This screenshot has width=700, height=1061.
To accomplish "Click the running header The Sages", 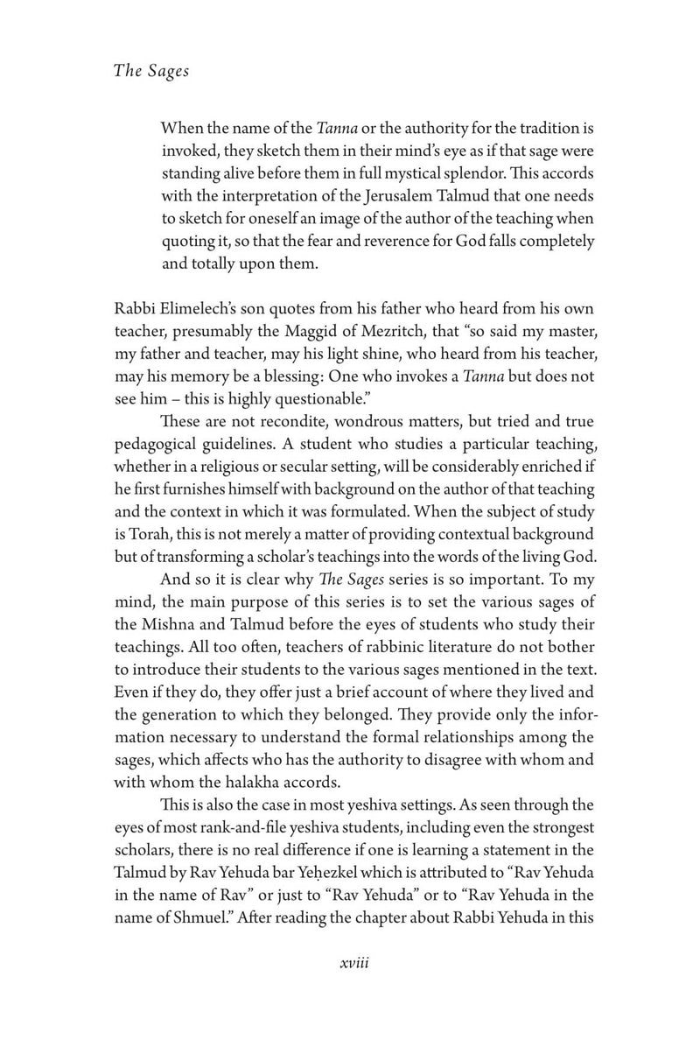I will click(x=151, y=72).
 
